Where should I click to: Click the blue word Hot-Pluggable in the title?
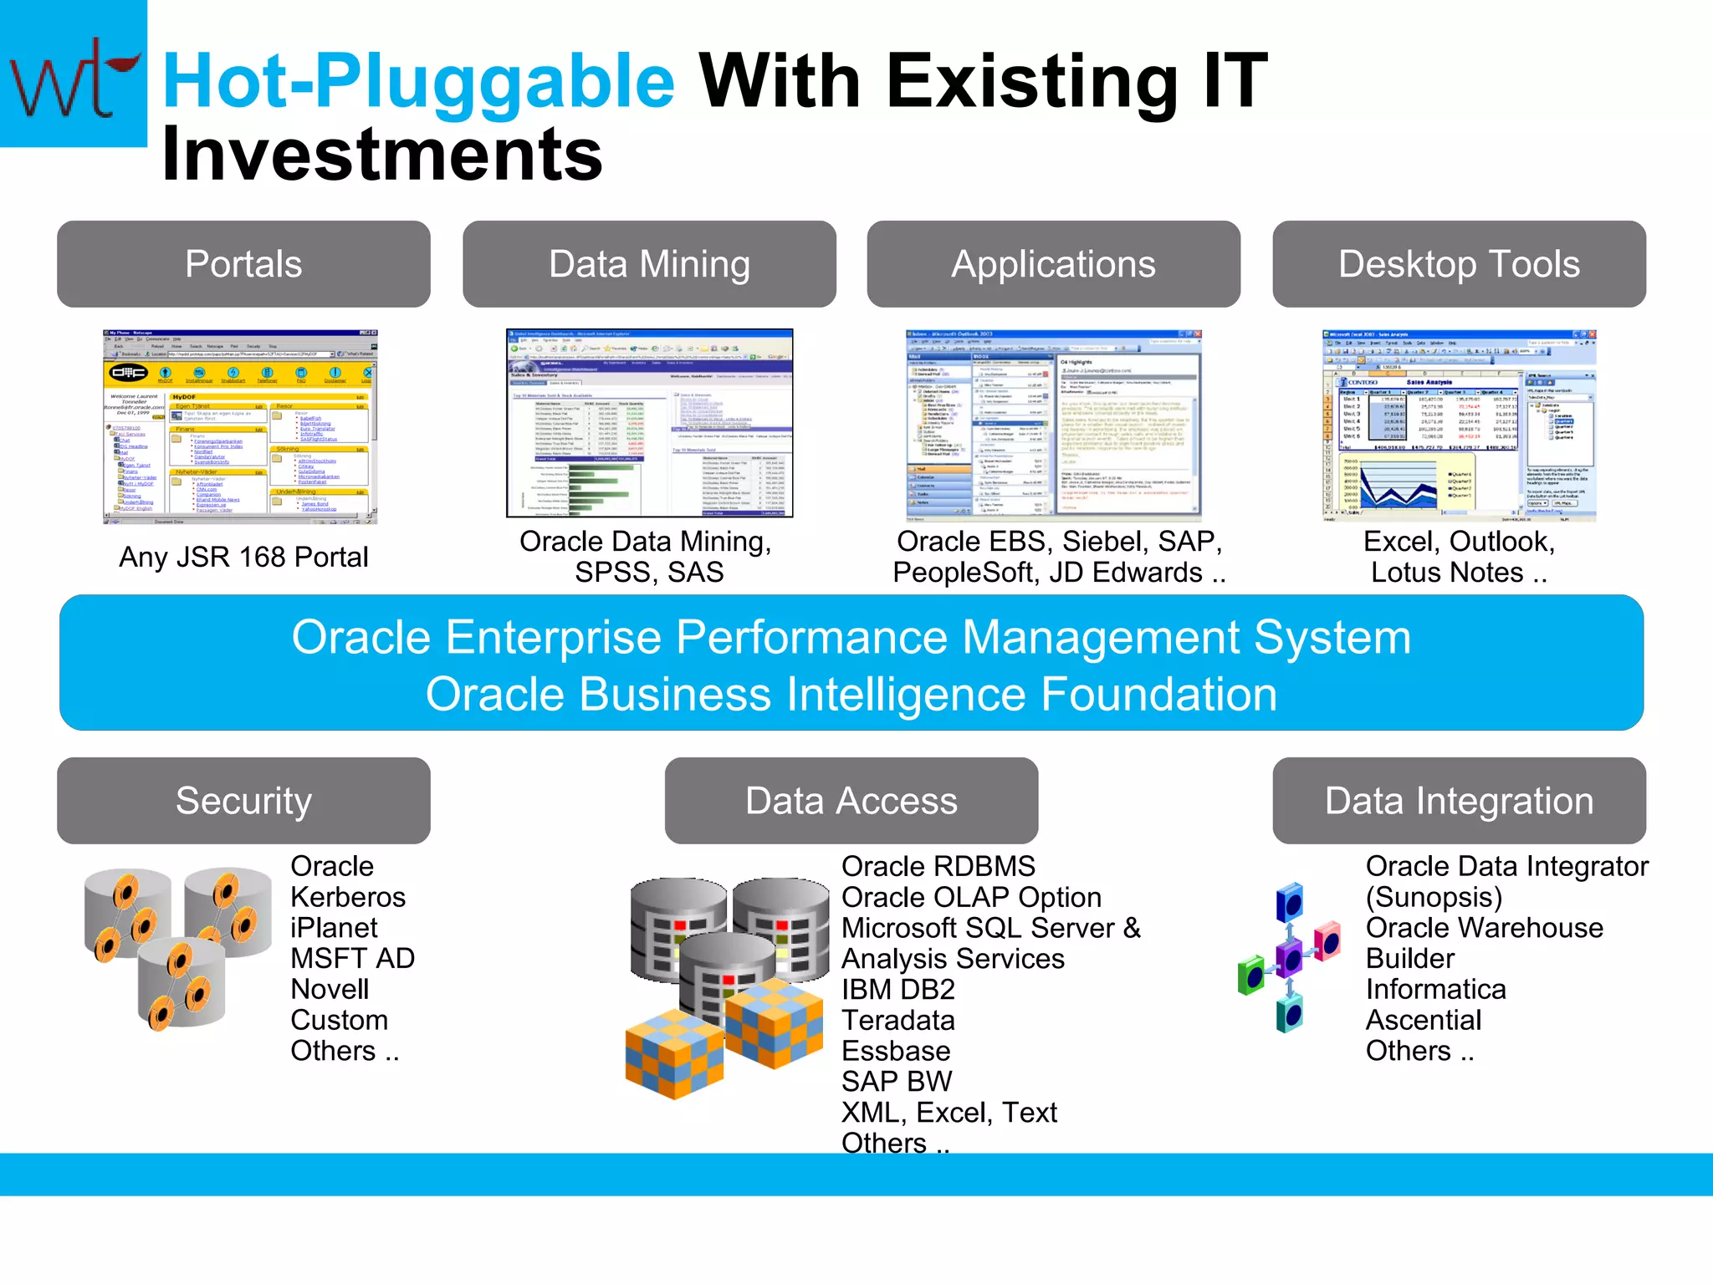(x=418, y=81)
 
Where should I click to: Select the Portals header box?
(x=243, y=264)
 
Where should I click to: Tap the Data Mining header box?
(x=649, y=264)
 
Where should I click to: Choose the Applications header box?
(x=1053, y=264)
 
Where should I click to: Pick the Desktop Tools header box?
(x=1459, y=264)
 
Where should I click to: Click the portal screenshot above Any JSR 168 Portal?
(x=240, y=426)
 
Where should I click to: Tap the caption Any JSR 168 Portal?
(x=243, y=557)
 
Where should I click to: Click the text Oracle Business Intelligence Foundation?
(x=851, y=695)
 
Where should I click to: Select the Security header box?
(x=243, y=801)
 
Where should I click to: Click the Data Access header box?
(x=851, y=801)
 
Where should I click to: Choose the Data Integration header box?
(x=1459, y=801)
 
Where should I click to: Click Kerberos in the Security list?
(x=348, y=897)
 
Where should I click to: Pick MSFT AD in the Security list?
(x=352, y=959)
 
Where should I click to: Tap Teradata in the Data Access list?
(x=897, y=1021)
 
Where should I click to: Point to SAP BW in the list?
(x=896, y=1082)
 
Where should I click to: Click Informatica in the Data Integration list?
(x=1435, y=990)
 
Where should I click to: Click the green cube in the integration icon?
(x=1251, y=975)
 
